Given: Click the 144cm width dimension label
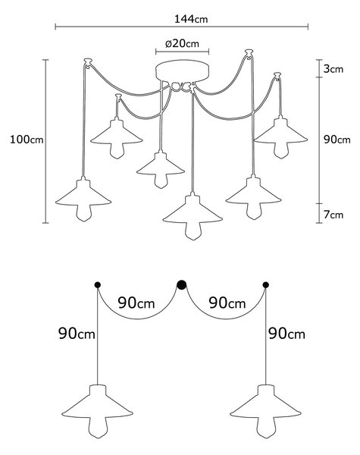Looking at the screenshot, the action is (191, 19).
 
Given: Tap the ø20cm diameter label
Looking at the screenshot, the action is (182, 43).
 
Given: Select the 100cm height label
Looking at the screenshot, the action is (27, 140).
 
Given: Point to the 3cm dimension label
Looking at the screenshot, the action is (333, 69).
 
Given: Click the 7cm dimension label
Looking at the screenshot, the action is (333, 215).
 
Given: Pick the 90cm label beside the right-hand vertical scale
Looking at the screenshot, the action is (337, 140).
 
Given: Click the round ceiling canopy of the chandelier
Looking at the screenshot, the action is (182, 71).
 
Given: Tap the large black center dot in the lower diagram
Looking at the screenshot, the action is (182, 285).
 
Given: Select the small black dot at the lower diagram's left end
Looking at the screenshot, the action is (98, 285).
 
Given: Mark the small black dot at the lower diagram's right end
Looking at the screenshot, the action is (265, 285).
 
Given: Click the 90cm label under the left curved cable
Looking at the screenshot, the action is (136, 303).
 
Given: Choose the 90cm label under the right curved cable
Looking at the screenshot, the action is (227, 303).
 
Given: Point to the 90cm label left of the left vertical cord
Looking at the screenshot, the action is (77, 334).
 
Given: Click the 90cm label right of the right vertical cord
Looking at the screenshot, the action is (287, 334).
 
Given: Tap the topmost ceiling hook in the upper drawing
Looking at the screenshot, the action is (249, 53).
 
